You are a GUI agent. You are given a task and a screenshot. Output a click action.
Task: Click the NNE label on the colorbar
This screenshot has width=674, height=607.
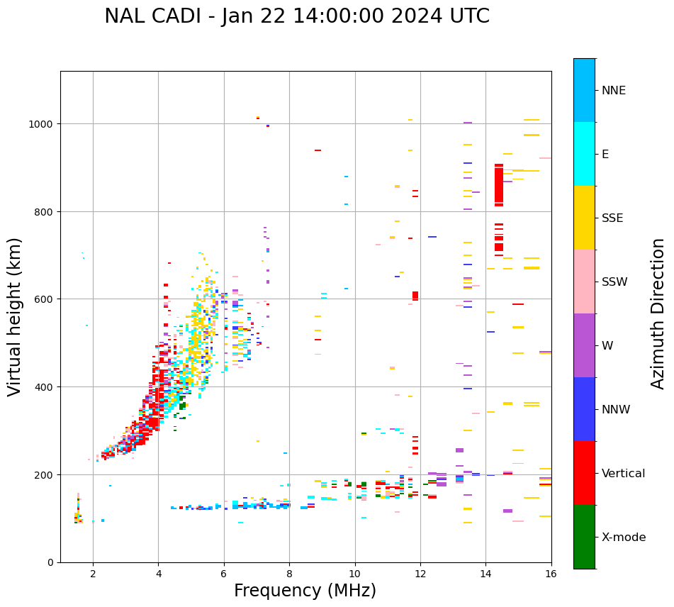point(614,90)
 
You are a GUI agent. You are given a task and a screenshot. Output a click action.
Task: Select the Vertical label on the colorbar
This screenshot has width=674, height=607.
point(623,473)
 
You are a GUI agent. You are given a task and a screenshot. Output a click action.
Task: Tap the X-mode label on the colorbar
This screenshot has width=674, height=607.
point(624,537)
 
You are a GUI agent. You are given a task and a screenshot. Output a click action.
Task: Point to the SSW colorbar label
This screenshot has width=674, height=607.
point(614,282)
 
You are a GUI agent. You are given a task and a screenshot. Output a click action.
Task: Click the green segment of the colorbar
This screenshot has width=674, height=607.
point(584,537)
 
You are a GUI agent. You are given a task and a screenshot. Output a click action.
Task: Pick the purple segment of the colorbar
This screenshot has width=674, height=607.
point(584,345)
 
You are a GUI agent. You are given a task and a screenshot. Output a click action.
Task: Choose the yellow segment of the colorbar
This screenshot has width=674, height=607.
point(584,218)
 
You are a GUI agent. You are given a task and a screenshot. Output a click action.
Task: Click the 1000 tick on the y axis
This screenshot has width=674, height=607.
point(43,124)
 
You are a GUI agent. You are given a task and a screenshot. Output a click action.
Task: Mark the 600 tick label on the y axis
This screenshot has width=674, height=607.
point(46,299)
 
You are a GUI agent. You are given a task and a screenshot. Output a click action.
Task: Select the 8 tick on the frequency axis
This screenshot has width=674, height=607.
point(289,574)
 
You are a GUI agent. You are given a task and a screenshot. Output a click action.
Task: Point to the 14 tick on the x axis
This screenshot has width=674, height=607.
point(485,574)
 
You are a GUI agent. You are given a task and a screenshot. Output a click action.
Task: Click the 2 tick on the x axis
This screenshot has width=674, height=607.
point(93,574)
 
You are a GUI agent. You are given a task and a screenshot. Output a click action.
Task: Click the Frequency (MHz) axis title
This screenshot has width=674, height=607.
point(305,591)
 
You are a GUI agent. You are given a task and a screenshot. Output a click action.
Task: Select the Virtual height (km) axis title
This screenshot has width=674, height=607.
point(15,316)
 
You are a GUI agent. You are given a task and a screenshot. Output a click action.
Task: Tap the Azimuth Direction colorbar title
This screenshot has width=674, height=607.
point(658,313)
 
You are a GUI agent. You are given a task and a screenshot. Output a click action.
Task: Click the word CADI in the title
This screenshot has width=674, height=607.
point(179,16)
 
